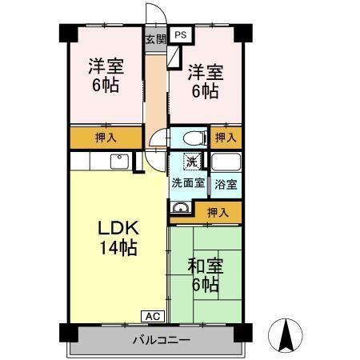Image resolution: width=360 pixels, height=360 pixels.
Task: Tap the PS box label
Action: coord(181,35)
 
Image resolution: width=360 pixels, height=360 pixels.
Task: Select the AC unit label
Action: coord(154,315)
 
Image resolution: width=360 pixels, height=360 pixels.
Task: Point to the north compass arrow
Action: coord(285,334)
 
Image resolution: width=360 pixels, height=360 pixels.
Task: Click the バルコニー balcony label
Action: coord(161,340)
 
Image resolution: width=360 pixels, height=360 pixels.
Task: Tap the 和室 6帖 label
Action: coord(204,274)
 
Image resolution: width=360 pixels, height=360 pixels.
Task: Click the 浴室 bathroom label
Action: coord(226,183)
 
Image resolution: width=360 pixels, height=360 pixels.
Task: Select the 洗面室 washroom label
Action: coord(188,182)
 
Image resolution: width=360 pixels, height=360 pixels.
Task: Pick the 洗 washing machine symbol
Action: coord(192,162)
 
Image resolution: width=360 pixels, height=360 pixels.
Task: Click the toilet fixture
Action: coord(191,138)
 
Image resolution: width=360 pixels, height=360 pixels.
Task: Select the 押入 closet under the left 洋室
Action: coord(106,138)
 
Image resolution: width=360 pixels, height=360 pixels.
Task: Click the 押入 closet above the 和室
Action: coord(217,212)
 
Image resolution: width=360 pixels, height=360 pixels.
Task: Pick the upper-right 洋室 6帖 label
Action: coord(205,81)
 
